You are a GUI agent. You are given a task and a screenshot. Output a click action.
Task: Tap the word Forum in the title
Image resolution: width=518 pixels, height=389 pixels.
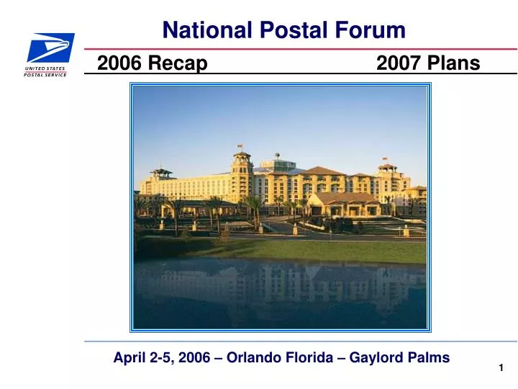[x=373, y=30]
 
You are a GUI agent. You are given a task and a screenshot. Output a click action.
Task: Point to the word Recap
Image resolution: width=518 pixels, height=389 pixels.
[x=176, y=65]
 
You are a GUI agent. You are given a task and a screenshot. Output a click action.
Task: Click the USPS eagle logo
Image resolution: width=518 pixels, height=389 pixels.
[x=50, y=48]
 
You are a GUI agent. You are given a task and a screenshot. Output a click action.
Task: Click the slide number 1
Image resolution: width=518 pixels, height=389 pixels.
[x=501, y=368]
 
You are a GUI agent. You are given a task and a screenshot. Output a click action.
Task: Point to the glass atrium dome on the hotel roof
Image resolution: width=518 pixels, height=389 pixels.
[x=277, y=164]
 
